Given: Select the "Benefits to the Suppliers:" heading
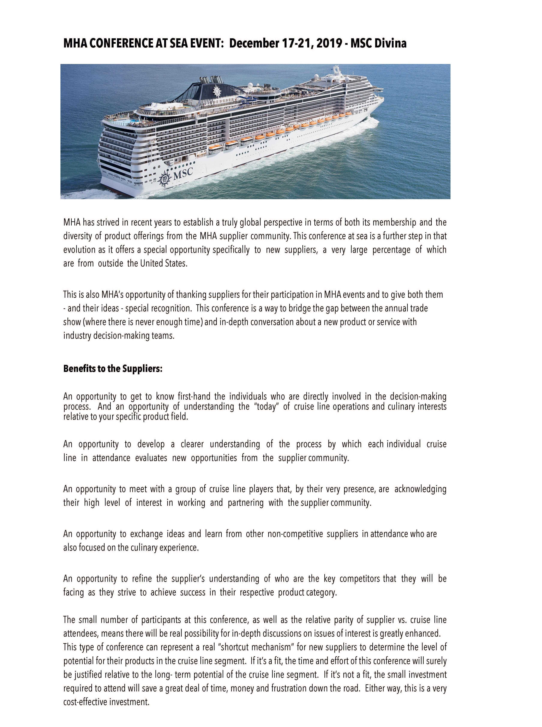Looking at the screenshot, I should pos(113,369).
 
